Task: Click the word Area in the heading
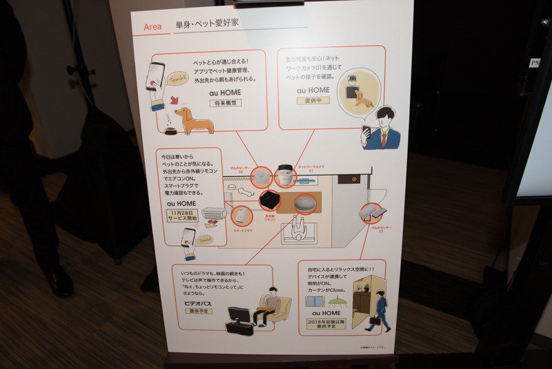153,27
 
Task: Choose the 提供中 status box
313,101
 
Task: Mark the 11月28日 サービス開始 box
182,216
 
